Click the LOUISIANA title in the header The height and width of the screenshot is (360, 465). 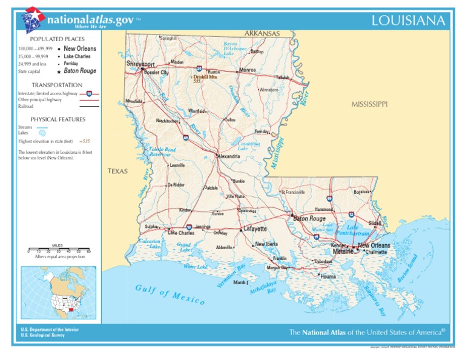(409, 21)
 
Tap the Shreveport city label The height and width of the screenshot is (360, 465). (140, 64)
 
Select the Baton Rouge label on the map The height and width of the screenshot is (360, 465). (309, 219)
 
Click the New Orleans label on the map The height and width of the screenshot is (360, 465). (374, 245)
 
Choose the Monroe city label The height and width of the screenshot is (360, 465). (248, 70)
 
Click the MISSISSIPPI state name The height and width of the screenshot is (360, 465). (369, 104)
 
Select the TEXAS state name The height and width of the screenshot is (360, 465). (117, 172)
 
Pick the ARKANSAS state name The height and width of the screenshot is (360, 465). (262, 33)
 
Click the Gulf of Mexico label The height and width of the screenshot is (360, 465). (170, 295)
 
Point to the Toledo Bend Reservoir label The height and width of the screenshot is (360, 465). (162, 152)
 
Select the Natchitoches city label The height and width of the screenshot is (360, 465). (167, 121)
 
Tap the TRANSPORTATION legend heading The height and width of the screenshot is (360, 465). (57, 85)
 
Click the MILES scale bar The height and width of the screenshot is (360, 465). (58, 250)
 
